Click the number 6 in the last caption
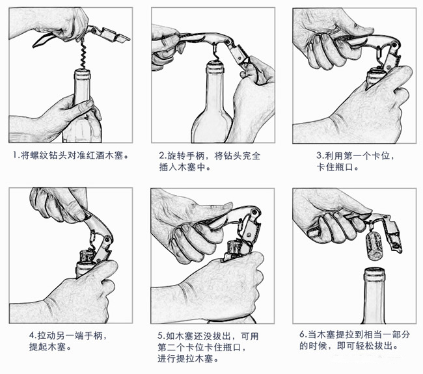(x=303, y=335)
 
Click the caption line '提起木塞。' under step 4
(x=49, y=347)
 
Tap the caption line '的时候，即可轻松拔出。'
(x=348, y=347)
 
